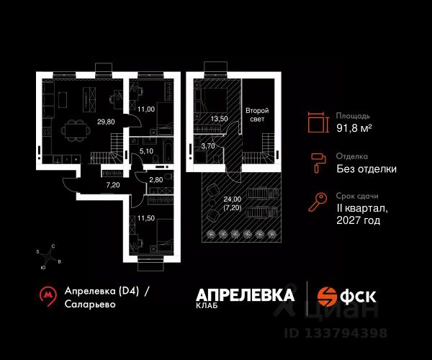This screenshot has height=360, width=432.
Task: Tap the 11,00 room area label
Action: click(146, 110)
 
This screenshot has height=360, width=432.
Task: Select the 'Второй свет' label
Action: click(257, 115)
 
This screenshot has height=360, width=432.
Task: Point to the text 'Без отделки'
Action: click(366, 169)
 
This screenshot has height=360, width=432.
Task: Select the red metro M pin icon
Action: click(48, 295)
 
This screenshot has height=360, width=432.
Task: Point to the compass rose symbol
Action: click(50, 256)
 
